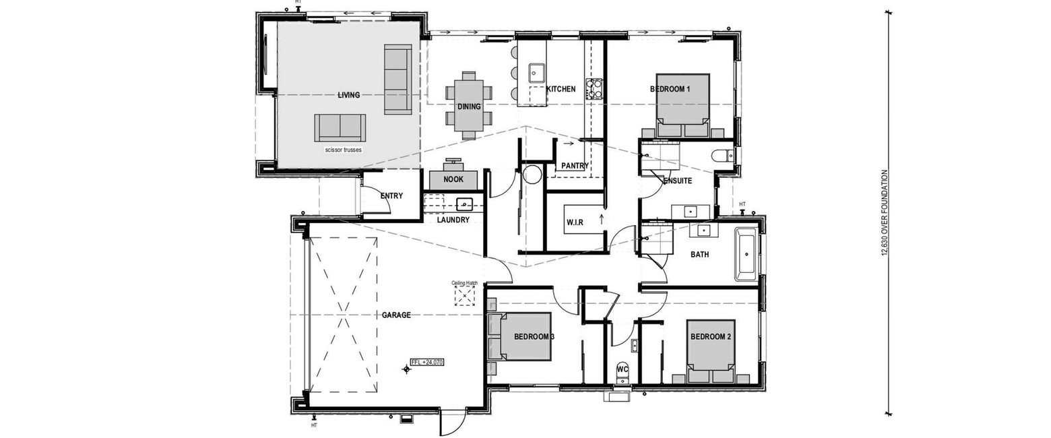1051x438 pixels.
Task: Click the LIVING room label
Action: [348, 95]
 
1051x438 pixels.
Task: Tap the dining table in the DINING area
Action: [469, 106]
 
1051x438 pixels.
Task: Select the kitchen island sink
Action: [537, 73]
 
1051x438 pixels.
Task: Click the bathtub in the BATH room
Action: [746, 254]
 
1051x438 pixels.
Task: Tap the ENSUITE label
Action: [678, 181]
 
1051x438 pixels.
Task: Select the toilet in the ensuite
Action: [722, 155]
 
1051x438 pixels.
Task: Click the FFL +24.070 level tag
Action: [426, 363]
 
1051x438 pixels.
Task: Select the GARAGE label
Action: [396, 315]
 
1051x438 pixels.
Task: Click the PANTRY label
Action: [575, 166]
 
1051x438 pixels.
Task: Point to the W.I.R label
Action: [575, 222]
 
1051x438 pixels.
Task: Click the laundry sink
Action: [136, 204]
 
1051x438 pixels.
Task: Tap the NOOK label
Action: [453, 179]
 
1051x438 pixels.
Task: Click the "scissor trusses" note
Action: [344, 150]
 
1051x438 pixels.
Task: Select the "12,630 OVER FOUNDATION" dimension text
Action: [885, 213]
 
